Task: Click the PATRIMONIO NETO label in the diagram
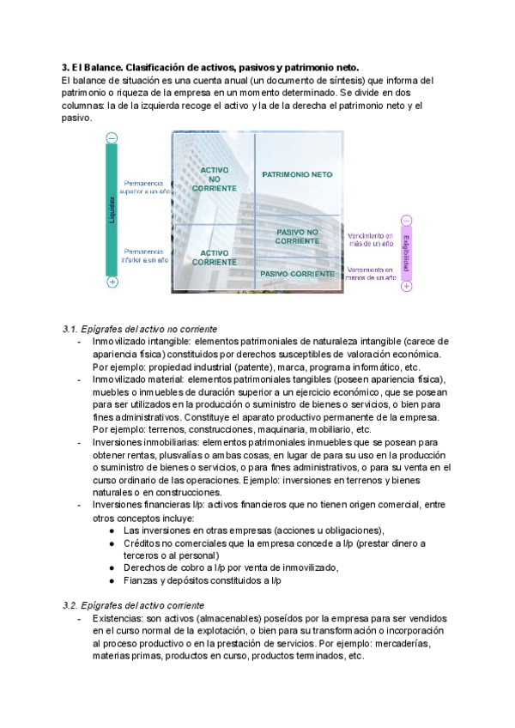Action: coord(297,174)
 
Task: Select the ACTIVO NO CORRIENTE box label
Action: coord(215,179)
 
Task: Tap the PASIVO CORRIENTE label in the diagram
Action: coord(297,274)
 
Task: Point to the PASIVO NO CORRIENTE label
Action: coord(297,237)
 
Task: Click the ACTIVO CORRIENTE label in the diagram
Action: coord(215,258)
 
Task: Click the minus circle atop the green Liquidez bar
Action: coord(112,137)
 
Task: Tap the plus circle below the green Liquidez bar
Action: coord(112,282)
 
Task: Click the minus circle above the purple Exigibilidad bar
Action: coord(406,221)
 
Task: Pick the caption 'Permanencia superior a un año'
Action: coord(148,187)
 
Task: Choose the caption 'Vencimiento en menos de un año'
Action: coord(371,273)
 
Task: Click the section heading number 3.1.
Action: coord(70,330)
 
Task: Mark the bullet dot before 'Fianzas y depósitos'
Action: coord(112,580)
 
